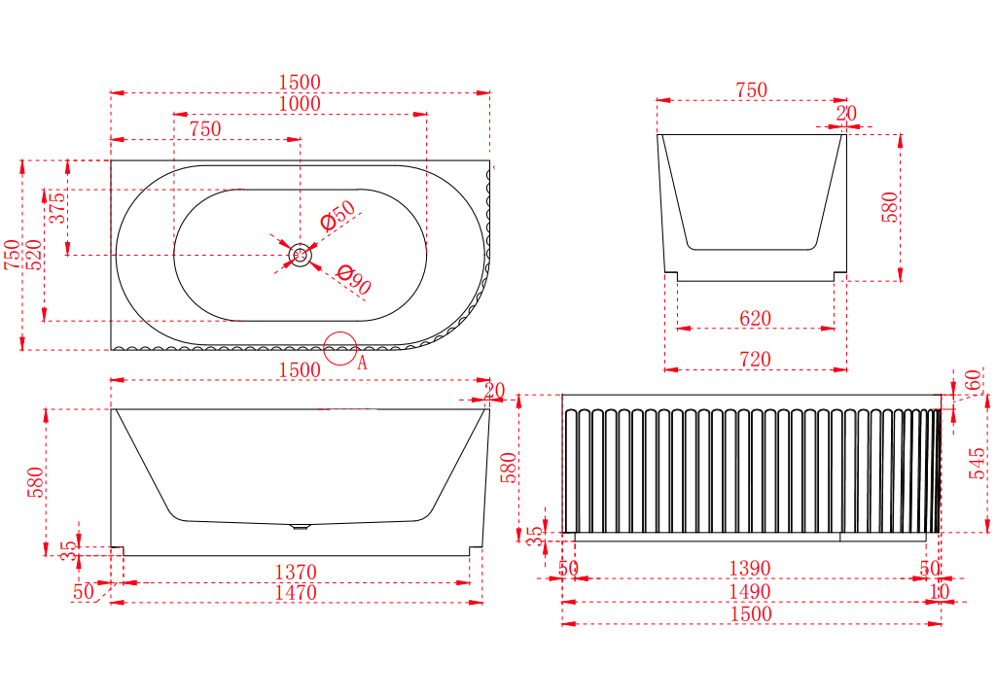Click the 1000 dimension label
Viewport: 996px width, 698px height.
(x=300, y=103)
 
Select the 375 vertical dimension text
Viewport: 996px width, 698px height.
(x=57, y=208)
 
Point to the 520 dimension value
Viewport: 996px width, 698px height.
(x=34, y=255)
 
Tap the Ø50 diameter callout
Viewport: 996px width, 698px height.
(x=338, y=215)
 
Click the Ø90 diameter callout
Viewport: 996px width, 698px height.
(x=354, y=279)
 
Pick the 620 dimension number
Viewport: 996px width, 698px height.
(x=755, y=318)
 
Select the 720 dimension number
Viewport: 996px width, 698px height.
(x=755, y=360)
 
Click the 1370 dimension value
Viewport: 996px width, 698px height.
(x=296, y=573)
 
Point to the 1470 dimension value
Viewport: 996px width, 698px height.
(x=296, y=593)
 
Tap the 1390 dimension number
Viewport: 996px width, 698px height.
(x=750, y=568)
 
